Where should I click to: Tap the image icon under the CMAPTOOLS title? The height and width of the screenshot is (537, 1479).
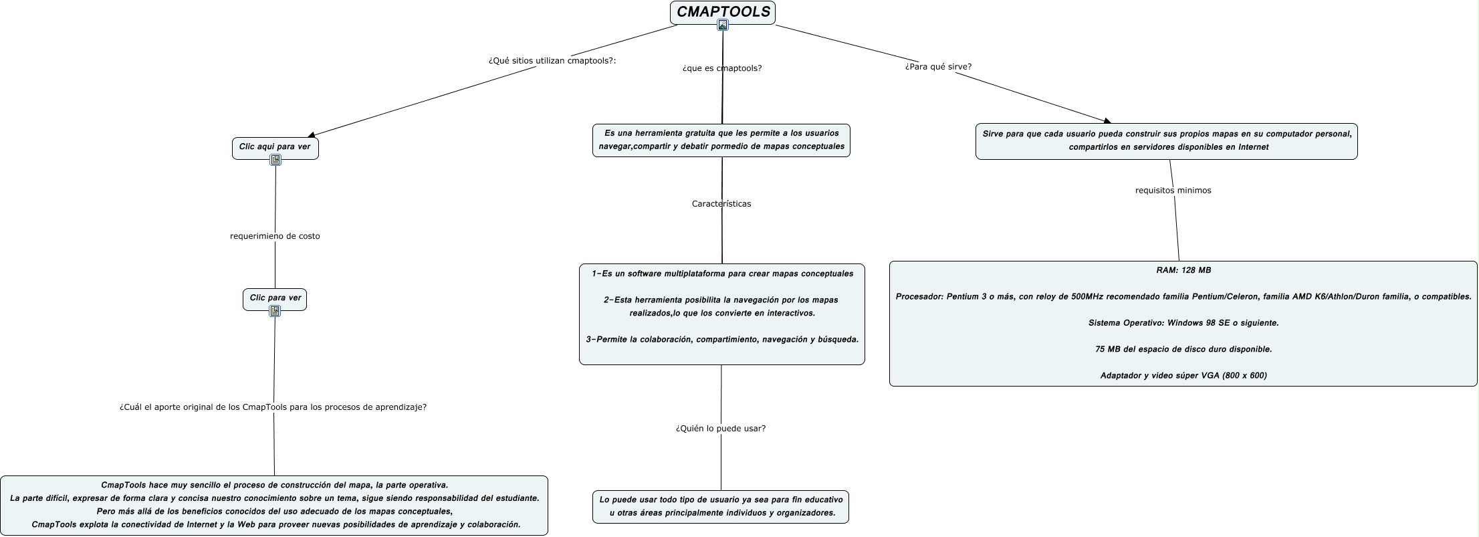722,25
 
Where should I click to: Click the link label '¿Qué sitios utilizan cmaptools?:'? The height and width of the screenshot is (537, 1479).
552,61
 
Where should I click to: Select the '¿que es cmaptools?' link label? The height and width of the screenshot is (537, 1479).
722,68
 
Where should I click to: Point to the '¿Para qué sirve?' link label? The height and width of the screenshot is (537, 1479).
937,67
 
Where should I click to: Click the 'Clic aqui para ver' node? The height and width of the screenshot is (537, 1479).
275,146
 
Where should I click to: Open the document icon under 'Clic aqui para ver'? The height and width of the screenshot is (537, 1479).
275,160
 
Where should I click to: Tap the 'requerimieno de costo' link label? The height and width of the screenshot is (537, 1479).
275,236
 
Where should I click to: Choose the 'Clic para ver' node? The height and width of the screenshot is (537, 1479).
275,298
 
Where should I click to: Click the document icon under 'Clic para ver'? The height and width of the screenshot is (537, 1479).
275,311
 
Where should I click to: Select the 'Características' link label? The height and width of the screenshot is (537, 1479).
721,204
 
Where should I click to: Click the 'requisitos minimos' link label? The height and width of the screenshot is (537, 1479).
1173,191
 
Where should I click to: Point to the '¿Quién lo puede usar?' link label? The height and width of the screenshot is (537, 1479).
721,429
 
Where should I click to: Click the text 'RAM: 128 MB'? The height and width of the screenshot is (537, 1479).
1183,270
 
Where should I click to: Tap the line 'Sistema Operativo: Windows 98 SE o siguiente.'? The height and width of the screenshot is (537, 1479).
1183,323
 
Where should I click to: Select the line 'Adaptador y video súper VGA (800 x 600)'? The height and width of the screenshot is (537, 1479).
1183,376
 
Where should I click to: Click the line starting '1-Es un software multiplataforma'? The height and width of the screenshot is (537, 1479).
722,274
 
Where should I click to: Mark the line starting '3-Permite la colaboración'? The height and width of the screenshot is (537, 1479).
722,340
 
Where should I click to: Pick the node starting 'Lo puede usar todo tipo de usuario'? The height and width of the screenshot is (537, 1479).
721,506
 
